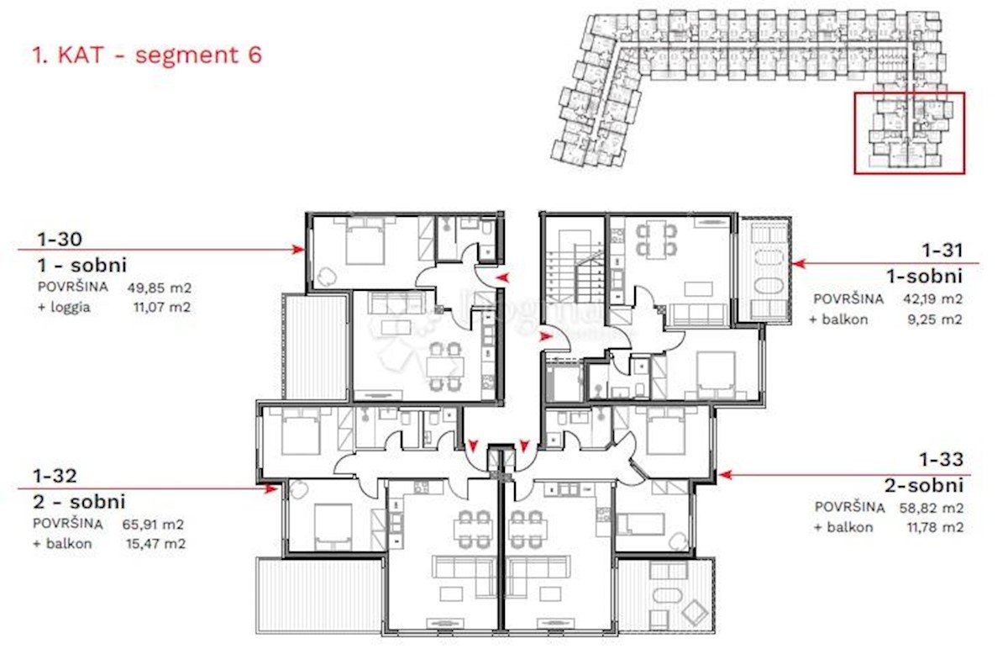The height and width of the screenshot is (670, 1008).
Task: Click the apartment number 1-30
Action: click(60, 239)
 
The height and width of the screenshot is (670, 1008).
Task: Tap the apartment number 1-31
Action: click(942, 251)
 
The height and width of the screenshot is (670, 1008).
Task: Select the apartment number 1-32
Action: click(55, 476)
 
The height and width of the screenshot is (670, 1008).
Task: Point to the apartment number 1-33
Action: click(941, 460)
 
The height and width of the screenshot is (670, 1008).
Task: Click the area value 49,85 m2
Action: click(160, 288)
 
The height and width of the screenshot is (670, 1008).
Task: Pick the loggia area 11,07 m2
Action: click(162, 308)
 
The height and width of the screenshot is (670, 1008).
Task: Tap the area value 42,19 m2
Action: click(932, 299)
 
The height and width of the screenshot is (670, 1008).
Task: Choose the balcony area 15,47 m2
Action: click(155, 544)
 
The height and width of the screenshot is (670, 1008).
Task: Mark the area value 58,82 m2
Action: click(932, 508)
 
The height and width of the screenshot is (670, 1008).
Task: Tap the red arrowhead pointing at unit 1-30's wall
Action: click(298, 249)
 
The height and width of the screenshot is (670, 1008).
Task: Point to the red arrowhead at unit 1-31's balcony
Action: click(799, 263)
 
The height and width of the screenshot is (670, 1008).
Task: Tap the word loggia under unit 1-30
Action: click(70, 308)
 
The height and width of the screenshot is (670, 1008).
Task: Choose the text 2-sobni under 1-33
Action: click(924, 486)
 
